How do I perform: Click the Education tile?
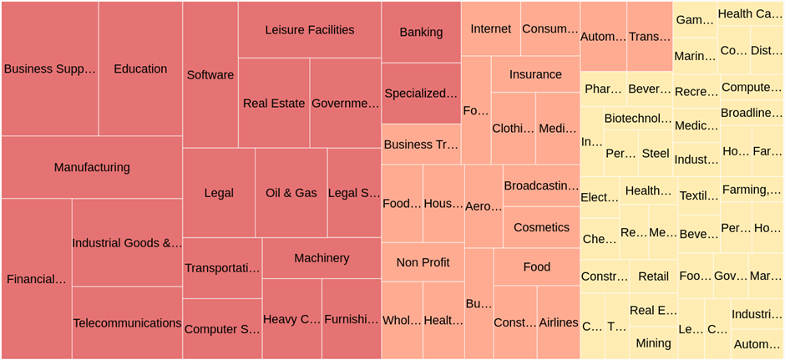click(x=140, y=68)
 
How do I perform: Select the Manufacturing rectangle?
click(x=92, y=167)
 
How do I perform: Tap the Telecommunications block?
click(x=127, y=323)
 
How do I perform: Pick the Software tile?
click(x=210, y=75)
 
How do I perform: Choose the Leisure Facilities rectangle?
click(x=309, y=30)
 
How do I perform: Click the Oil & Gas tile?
click(x=291, y=193)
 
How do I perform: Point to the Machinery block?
click(x=322, y=258)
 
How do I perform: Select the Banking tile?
click(x=421, y=32)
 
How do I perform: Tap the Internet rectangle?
click(x=490, y=28)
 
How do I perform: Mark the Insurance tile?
click(x=535, y=74)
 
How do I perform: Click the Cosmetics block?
click(x=541, y=227)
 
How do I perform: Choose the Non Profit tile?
click(x=423, y=262)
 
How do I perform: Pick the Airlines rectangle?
click(x=558, y=322)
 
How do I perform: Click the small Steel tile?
click(x=656, y=154)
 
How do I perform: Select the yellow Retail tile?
click(x=653, y=276)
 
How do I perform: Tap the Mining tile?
click(x=653, y=342)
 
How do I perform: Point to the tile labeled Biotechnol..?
click(x=637, y=119)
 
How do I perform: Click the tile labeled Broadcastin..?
click(x=541, y=185)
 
